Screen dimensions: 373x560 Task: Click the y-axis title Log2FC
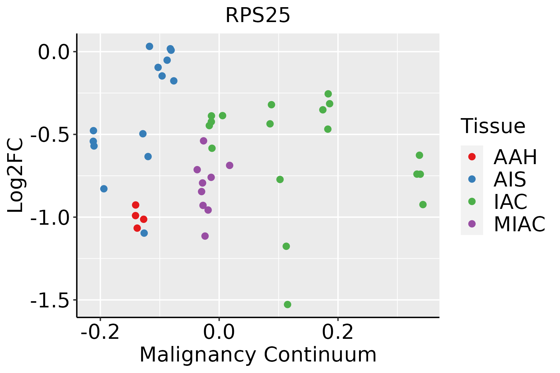coord(16,176)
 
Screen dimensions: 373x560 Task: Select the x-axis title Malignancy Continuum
coord(258,355)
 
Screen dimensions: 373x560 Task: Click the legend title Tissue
coord(493,127)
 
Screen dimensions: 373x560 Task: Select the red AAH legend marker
coord(472,157)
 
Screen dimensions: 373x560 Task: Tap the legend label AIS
coord(510,179)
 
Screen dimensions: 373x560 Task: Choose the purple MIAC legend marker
coord(472,224)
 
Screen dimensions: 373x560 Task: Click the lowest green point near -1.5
coord(287,304)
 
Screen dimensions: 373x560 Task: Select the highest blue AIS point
coord(149,46)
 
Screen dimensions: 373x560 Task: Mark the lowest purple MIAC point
coord(205,236)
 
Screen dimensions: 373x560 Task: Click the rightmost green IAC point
coord(423,205)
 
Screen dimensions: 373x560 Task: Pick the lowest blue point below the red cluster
coord(144,233)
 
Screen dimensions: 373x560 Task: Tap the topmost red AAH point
coord(135,205)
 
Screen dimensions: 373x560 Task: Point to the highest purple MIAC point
coord(203,141)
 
